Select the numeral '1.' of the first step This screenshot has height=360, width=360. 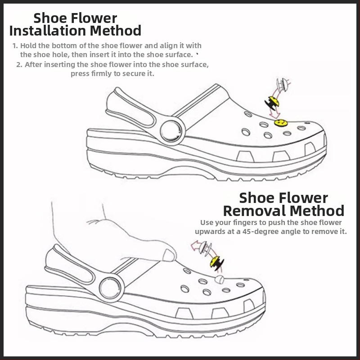15,46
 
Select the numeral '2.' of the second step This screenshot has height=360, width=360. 19,65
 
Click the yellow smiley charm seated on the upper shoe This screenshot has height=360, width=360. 281,123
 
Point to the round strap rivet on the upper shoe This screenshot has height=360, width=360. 170,131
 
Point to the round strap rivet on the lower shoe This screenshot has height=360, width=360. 109,288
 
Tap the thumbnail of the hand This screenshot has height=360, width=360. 169,255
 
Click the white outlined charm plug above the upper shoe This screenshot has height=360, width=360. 282,85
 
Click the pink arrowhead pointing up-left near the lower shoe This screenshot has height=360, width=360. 195,245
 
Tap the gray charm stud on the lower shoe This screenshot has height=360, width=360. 219,279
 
